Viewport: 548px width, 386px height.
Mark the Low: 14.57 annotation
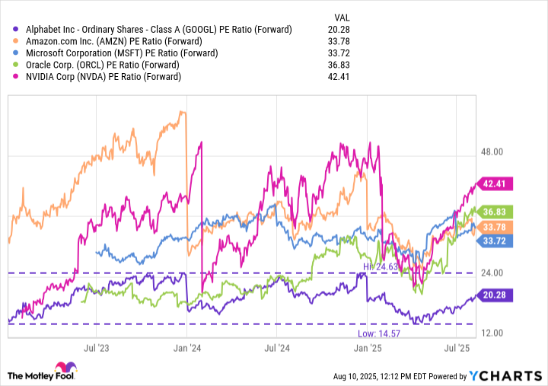coord(378,333)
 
